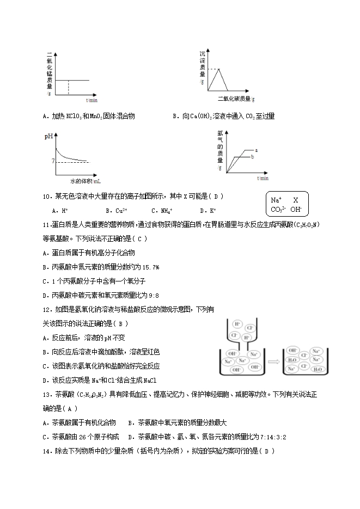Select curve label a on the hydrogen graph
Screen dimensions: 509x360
pyautogui.click(x=256, y=149)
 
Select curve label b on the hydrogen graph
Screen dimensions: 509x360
pyautogui.click(x=252, y=157)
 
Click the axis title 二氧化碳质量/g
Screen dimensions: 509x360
pyautogui.click(x=236, y=98)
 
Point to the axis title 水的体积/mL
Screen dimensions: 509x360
pyautogui.click(x=86, y=181)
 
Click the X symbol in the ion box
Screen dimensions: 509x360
pyautogui.click(x=296, y=200)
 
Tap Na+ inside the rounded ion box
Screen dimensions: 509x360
pyautogui.click(x=277, y=200)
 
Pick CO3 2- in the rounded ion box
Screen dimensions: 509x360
pyautogui.click(x=278, y=209)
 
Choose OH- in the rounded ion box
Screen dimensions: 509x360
pyautogui.click(x=297, y=209)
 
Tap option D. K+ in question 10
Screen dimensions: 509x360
pyautogui.click(x=208, y=211)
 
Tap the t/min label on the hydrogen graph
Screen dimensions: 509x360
pyautogui.click(x=263, y=177)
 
